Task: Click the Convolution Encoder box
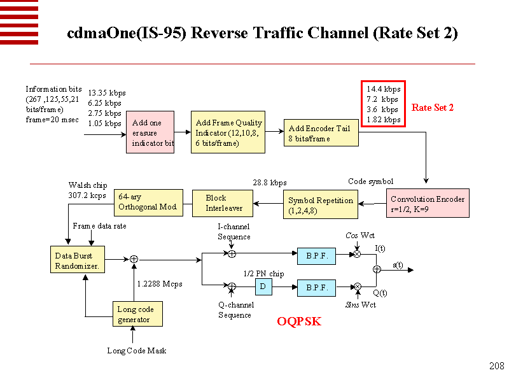(427, 203)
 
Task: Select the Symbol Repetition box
(320, 204)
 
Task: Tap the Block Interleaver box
(223, 203)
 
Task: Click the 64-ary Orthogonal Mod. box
(149, 202)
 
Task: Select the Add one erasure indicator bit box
(150, 132)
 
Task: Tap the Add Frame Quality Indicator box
(228, 132)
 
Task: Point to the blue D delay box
(263, 287)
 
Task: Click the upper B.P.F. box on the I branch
(316, 256)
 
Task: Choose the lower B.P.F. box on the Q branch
(316, 288)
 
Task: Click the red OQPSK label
(298, 322)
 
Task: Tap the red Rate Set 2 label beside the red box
(433, 108)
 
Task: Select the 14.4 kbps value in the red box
(384, 89)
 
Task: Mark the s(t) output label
(398, 265)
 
